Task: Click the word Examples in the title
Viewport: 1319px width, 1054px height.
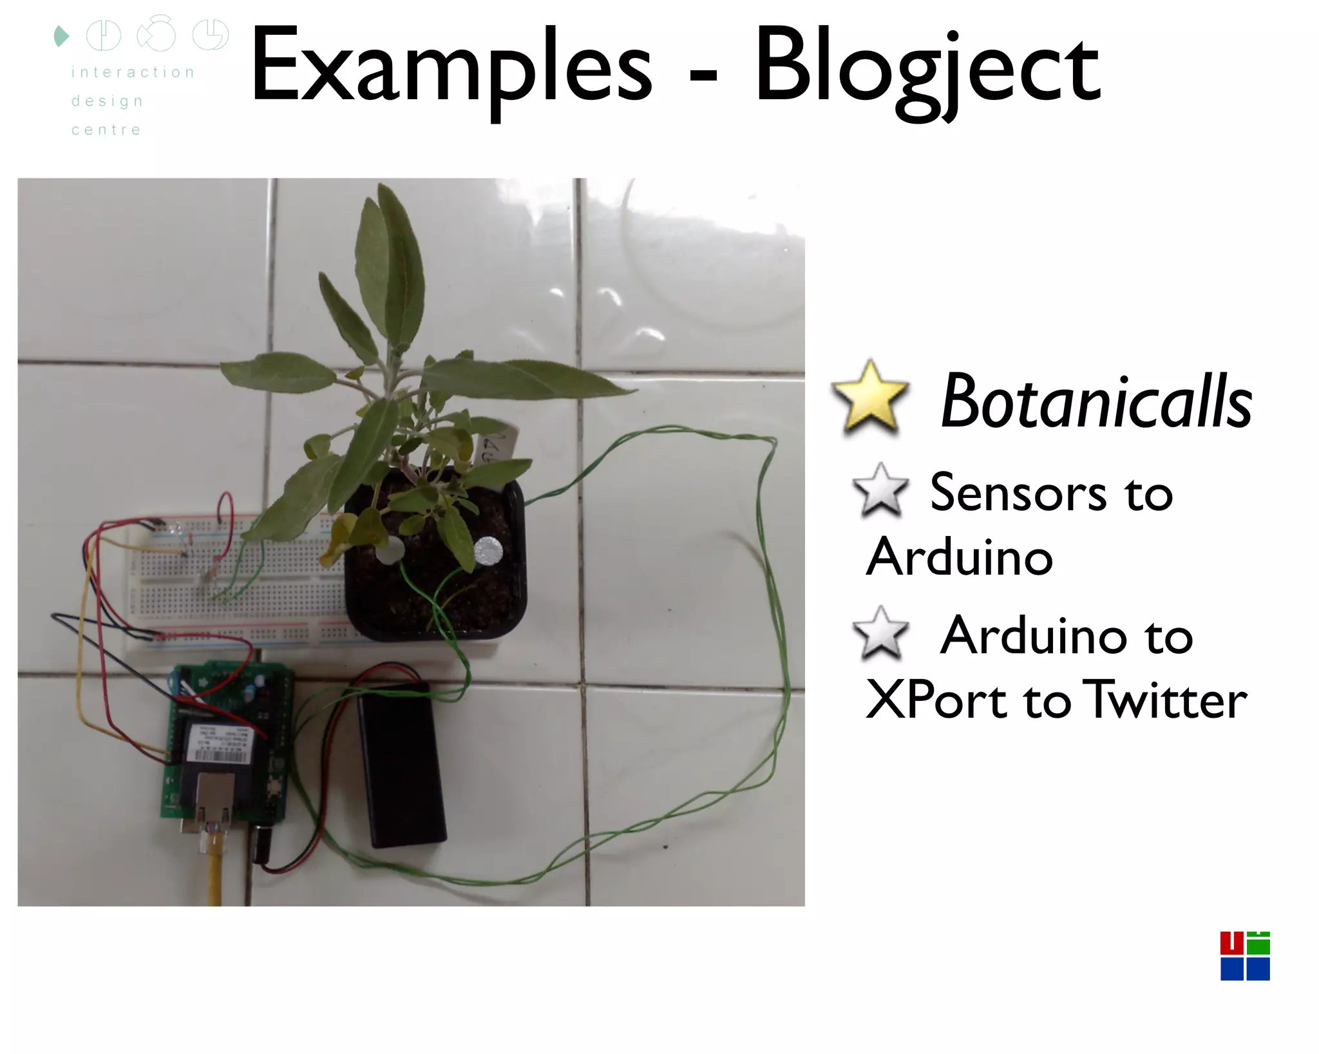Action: pyautogui.click(x=451, y=68)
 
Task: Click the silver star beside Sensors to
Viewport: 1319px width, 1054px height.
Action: pyautogui.click(x=880, y=490)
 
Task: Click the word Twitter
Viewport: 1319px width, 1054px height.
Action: pyautogui.click(x=1165, y=700)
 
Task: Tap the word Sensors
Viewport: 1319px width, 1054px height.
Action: pyautogui.click(x=1018, y=493)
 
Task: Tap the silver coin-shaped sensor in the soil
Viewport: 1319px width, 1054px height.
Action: pyautogui.click(x=488, y=551)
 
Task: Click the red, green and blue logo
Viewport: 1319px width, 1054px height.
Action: pyautogui.click(x=1244, y=955)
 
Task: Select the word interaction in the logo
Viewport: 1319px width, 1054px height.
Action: pyautogui.click(x=133, y=72)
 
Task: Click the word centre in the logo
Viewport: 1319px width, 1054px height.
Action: pyautogui.click(x=106, y=130)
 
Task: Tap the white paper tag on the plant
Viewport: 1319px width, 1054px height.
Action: pyautogui.click(x=497, y=445)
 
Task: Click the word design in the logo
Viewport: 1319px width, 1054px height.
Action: pyautogui.click(x=107, y=101)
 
